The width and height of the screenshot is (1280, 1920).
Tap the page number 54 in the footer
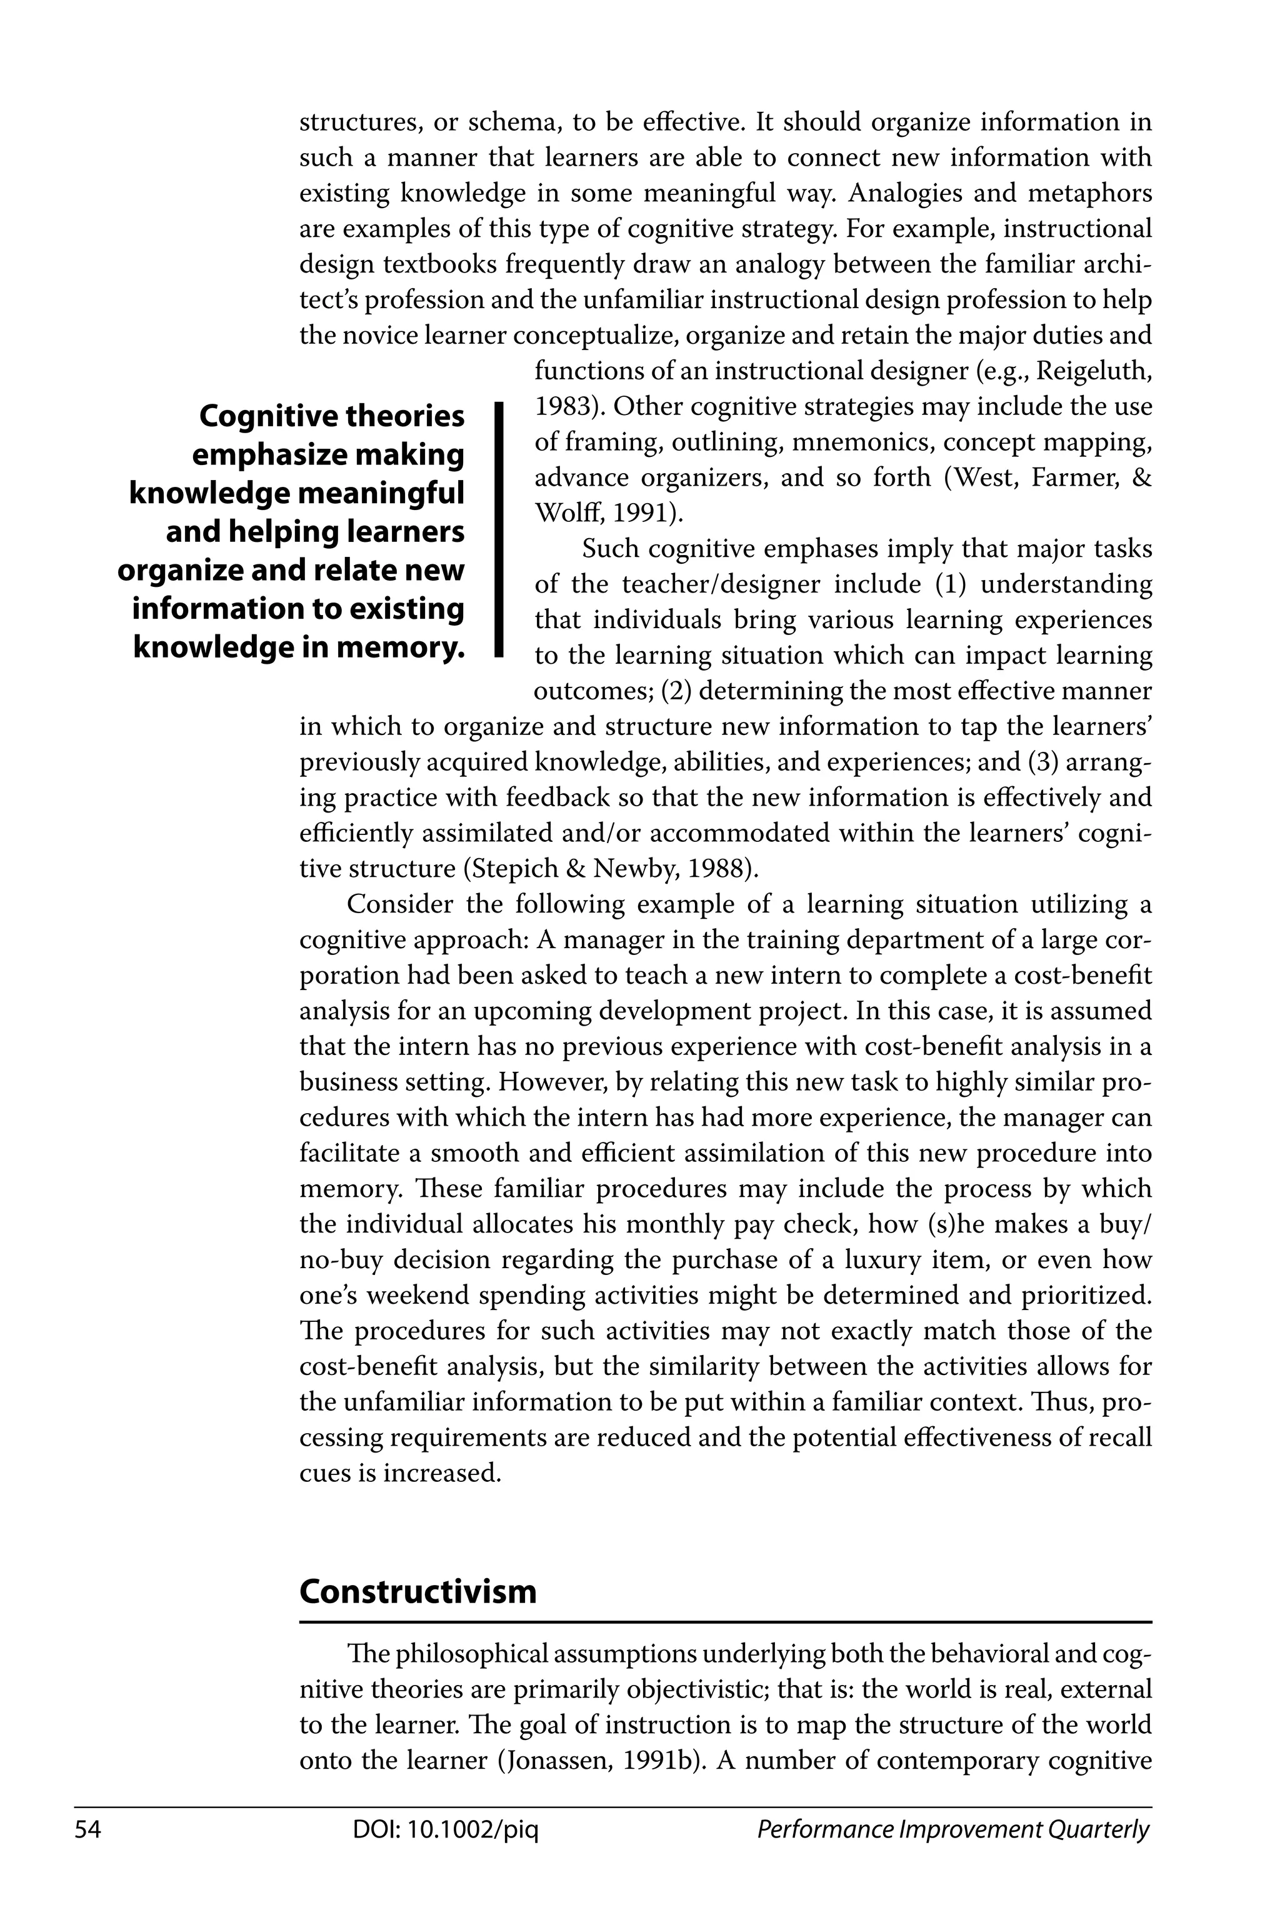coord(87,1830)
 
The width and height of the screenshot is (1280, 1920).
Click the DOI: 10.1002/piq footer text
coord(446,1830)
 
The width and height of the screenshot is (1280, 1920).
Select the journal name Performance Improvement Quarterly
coord(952,1830)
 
